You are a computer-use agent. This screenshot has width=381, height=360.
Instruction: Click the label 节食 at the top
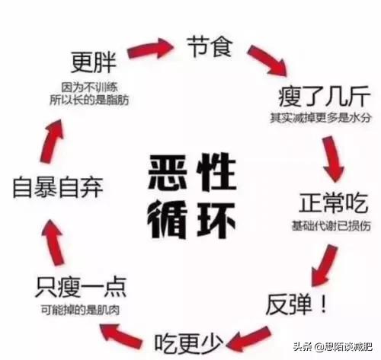coord(210,46)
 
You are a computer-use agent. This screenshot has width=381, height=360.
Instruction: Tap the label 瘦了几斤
coord(324,97)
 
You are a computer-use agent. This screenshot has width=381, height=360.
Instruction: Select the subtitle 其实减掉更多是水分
coord(320,117)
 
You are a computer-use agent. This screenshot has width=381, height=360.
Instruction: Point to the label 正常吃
coord(333,202)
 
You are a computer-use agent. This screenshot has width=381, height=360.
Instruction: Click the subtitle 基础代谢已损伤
coord(331,225)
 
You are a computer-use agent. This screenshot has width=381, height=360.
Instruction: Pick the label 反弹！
coord(296,304)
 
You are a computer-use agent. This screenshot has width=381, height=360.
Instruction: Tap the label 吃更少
coord(189,343)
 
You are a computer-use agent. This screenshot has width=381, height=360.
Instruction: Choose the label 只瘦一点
coord(81,287)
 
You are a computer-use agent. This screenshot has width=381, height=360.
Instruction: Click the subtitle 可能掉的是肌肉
coord(80,310)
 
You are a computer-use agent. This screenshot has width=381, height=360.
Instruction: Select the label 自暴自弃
coord(58,187)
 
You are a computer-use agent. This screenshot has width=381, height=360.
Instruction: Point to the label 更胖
coord(93,62)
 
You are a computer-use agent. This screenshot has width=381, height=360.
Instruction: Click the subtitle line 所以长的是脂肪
coord(89,100)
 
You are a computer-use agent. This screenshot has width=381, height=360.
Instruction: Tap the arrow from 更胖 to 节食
coord(150,48)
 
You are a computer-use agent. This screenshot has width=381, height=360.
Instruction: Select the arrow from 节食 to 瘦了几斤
coord(268,61)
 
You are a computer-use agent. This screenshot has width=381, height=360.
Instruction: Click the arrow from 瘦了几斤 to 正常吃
coord(333,159)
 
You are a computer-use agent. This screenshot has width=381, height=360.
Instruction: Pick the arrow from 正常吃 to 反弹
coord(324,266)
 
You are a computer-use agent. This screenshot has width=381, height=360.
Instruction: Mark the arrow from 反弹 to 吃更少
coord(248,339)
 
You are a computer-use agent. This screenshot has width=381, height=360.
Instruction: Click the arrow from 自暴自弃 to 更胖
coord(52,141)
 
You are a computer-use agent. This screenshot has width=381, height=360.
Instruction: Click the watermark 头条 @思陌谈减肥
coord(333,346)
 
